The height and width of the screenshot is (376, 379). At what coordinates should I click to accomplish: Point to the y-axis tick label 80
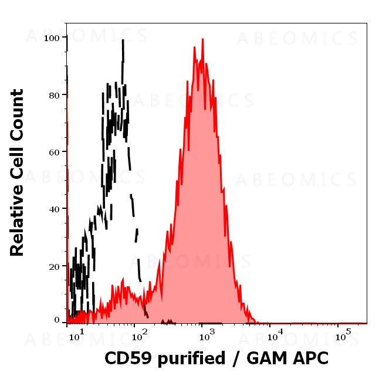[55, 94]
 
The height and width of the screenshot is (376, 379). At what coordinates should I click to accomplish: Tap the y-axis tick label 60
[55, 151]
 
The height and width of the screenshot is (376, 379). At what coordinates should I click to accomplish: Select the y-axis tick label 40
[55, 209]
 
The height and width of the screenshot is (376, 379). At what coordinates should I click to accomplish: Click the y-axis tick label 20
[55, 266]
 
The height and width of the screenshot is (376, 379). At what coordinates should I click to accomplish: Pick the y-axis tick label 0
[57, 320]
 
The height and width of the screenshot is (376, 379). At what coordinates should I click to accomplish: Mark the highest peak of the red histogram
[202, 39]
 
